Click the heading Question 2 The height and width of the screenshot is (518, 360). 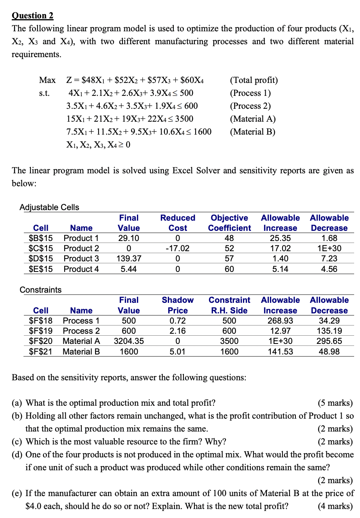tap(32, 16)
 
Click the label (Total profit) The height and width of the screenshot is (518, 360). tap(254, 80)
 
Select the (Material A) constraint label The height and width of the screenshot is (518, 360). tap(252, 119)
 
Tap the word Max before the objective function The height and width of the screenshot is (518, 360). tap(47, 80)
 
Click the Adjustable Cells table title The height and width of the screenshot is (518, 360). tap(49, 207)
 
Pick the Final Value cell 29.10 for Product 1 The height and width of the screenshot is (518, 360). tap(129, 238)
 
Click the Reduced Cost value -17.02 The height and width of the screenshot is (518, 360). tap(178, 248)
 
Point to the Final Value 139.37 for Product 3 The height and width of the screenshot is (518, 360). tap(129, 259)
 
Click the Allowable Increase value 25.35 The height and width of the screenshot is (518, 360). tap(280, 238)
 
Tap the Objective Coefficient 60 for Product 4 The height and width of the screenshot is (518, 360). tap(229, 269)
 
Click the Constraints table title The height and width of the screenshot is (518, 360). tap(41, 290)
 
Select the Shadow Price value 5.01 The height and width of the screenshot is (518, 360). tap(178, 352)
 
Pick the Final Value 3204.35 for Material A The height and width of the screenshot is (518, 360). tap(129, 341)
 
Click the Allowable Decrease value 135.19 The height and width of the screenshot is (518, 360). tap(329, 331)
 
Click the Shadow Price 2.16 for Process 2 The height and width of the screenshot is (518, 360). tap(178, 331)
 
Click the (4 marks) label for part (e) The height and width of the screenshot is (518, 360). tap(335, 506)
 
